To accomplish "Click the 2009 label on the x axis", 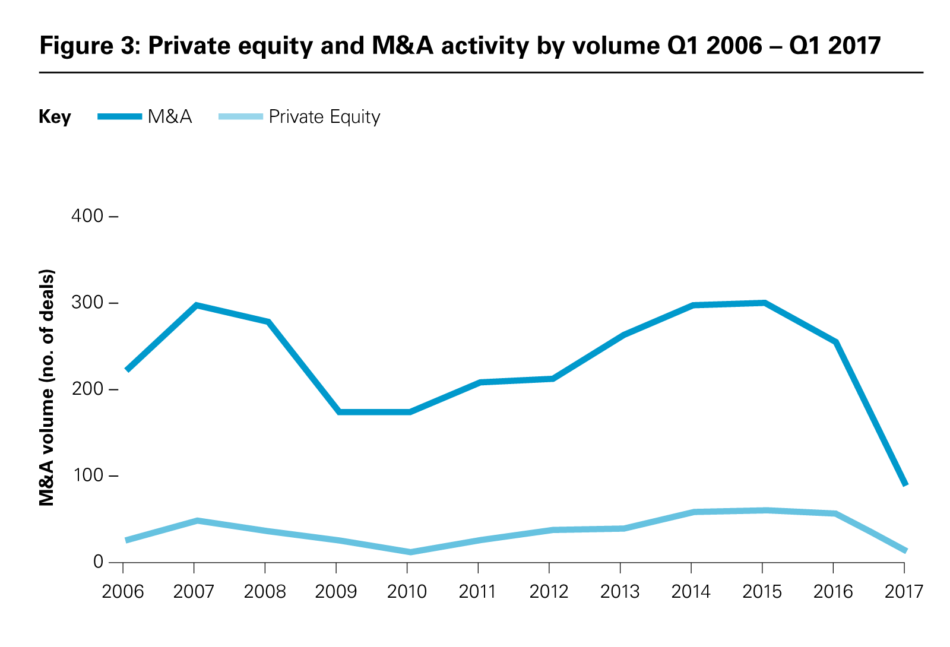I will point(336,592).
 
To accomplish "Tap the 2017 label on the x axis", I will point(904,592).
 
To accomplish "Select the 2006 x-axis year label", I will point(123,592).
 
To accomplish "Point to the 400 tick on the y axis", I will point(87,216).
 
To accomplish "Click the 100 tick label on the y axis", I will point(87,476).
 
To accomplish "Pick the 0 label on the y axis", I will point(98,562).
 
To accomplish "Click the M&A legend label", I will point(170,117).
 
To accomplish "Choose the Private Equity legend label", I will point(324,117).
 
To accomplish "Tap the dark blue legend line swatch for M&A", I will point(120,117).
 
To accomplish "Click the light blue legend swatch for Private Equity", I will point(240,117).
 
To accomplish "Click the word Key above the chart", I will point(55,117).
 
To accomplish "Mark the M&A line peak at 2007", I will point(195,305).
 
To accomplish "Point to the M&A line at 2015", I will point(764,303).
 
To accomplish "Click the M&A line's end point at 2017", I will point(905,484).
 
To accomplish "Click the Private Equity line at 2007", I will point(195,521).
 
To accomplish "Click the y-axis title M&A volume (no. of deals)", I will point(47,388).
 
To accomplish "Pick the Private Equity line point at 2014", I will point(693,512).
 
